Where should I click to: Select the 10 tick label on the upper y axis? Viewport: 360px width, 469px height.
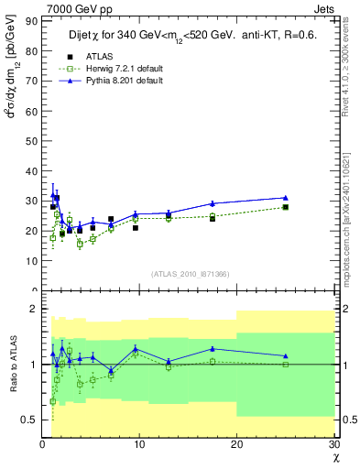(30, 260)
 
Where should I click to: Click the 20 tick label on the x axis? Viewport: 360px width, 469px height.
(237, 444)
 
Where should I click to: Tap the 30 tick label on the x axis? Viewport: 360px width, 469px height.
(334, 444)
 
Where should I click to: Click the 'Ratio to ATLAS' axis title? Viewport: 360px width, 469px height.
(11, 364)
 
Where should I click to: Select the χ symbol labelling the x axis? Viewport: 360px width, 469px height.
(334, 457)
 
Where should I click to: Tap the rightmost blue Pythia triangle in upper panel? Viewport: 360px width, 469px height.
(286, 197)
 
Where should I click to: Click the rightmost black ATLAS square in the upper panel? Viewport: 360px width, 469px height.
(286, 207)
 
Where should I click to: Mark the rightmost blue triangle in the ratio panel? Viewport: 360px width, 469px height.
(286, 355)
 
